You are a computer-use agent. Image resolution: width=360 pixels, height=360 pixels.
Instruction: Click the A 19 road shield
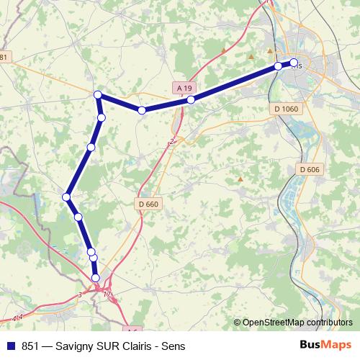(184, 88)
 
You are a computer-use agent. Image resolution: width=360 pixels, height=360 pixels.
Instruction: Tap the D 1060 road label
(286, 109)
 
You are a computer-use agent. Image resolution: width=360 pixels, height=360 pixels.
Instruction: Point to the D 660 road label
(148, 204)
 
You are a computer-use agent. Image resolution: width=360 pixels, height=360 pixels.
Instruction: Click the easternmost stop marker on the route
(294, 63)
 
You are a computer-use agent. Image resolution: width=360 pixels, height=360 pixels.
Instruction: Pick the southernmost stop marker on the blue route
(96, 278)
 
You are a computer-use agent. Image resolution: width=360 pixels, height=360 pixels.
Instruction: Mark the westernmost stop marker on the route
(66, 197)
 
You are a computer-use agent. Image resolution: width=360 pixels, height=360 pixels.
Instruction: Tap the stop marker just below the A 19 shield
(191, 100)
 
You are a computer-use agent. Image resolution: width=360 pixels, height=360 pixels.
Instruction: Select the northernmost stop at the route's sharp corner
(98, 94)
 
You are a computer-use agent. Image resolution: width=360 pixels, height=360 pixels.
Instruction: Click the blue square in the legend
(10, 346)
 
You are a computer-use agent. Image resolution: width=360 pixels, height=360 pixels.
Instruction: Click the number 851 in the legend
(30, 346)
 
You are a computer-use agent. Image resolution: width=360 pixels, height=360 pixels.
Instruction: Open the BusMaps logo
(325, 345)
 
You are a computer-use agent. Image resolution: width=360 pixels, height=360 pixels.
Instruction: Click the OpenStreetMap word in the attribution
(274, 323)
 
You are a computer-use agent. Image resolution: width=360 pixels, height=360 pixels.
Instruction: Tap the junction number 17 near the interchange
(107, 294)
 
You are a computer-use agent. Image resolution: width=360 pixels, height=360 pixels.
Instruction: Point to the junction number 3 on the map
(80, 294)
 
